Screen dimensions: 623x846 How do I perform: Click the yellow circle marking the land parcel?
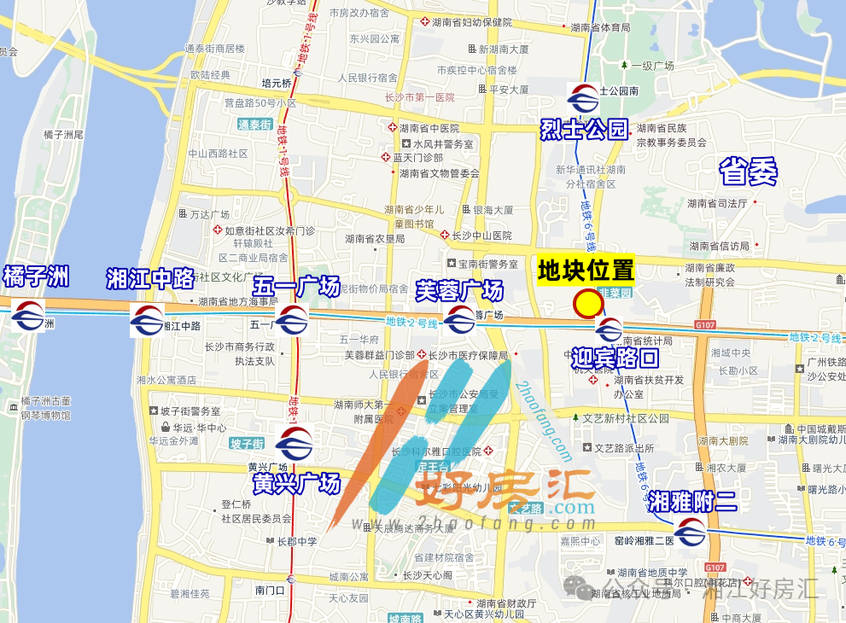[x=588, y=304]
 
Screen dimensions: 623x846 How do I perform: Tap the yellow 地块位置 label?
[x=586, y=271]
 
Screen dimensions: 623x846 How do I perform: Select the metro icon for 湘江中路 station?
[x=147, y=320]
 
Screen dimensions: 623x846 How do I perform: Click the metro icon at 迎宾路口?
[x=609, y=329]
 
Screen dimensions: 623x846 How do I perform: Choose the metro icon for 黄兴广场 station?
[x=295, y=443]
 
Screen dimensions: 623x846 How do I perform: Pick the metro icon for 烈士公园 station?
[x=583, y=99]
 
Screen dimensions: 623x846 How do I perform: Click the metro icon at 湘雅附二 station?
[x=691, y=533]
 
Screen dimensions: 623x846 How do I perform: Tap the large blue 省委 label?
[x=748, y=172]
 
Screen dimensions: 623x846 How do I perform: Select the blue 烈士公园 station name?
[x=584, y=130]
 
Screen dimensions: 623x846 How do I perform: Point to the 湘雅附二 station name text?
[x=691, y=501]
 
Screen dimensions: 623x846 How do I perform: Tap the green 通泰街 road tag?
[x=254, y=125]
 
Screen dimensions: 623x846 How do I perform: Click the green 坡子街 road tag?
[x=247, y=443]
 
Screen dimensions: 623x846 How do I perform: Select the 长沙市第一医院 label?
[x=419, y=98]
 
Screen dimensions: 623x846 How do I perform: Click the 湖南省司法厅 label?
[x=717, y=203]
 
